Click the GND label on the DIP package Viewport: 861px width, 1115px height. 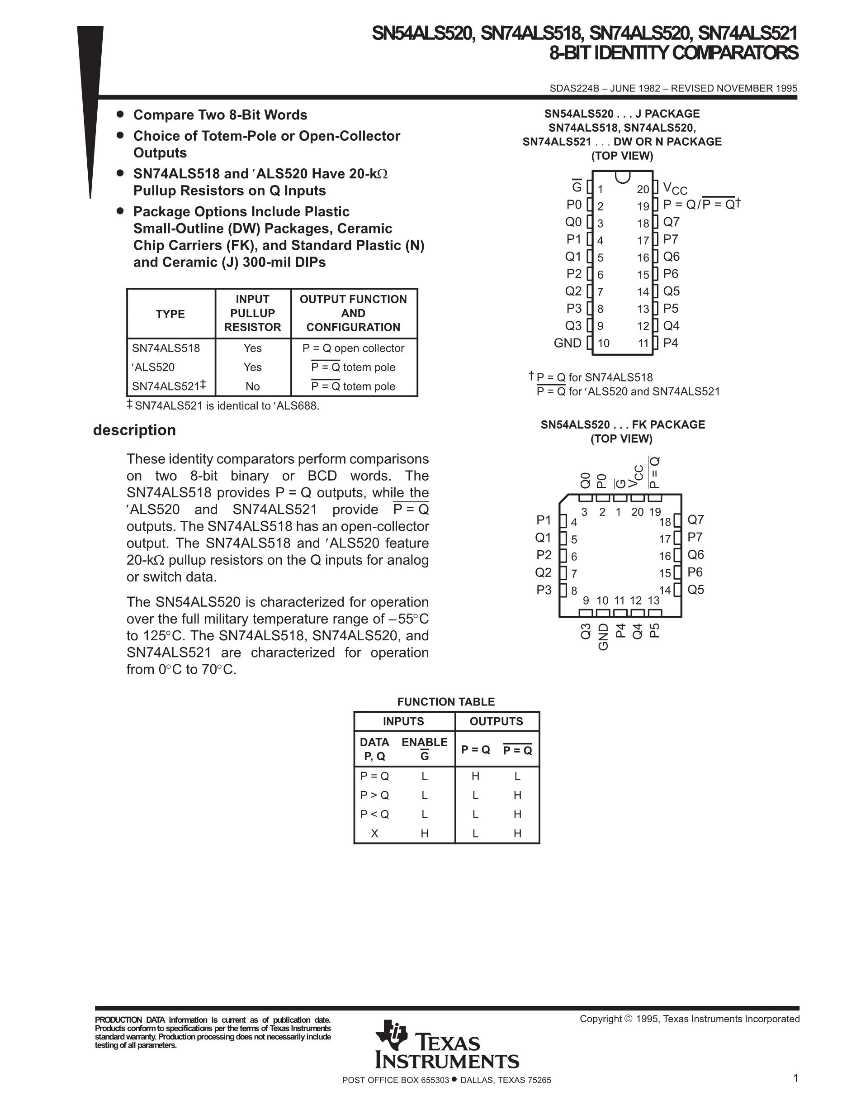tap(567, 343)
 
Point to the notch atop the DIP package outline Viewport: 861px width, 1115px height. tap(622, 176)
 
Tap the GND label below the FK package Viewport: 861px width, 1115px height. tap(603, 637)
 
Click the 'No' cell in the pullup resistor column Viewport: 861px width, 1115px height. tap(252, 386)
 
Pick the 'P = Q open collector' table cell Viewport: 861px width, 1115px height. tap(353, 348)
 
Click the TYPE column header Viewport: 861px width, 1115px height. tap(170, 314)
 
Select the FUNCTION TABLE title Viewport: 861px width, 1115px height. tap(446, 701)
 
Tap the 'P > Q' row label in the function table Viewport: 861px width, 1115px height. tap(374, 795)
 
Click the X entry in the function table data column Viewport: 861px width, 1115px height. tap(374, 833)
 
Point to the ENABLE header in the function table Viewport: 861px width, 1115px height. tap(424, 742)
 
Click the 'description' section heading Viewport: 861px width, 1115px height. tap(134, 430)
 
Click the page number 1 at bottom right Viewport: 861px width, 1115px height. tap(795, 1078)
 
